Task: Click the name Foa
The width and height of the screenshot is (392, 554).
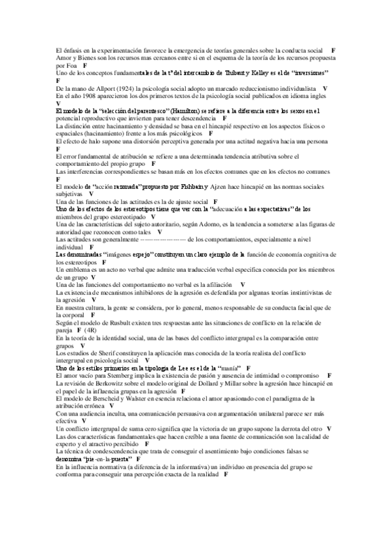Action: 72,65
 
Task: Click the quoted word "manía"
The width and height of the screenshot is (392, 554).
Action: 224,368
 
